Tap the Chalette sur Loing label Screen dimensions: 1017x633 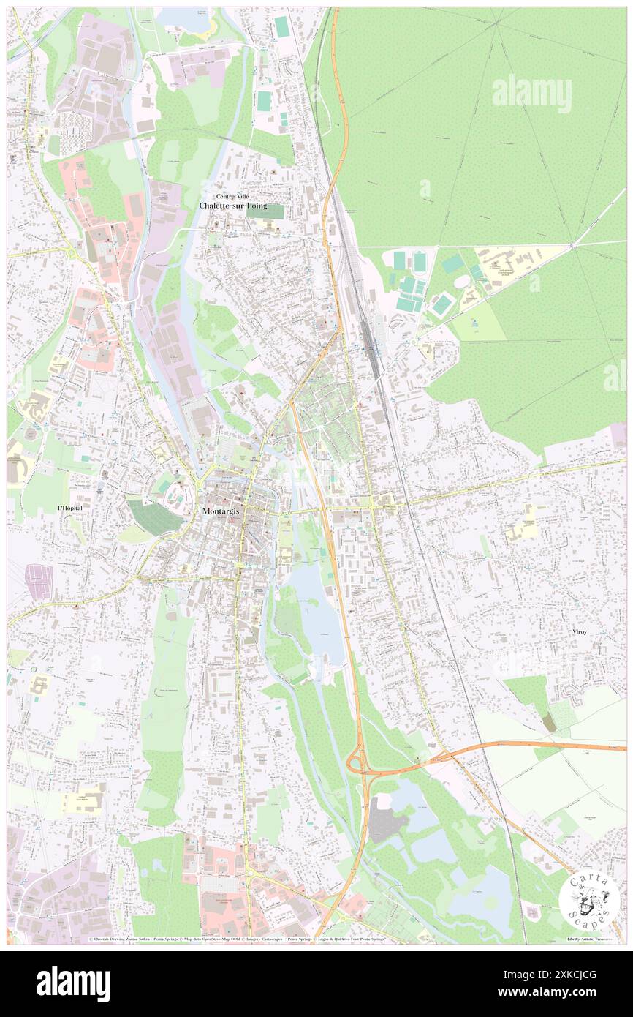click(232, 206)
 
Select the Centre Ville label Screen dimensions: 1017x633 click(232, 196)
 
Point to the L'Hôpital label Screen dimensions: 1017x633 click(73, 508)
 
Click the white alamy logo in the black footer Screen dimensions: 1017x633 click(73, 983)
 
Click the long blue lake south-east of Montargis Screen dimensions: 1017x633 click(320, 615)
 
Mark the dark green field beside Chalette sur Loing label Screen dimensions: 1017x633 click(265, 211)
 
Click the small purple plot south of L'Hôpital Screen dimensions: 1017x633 click(39, 581)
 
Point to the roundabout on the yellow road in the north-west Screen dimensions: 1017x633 click(72, 252)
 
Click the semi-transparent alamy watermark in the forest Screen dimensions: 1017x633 click(531, 94)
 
